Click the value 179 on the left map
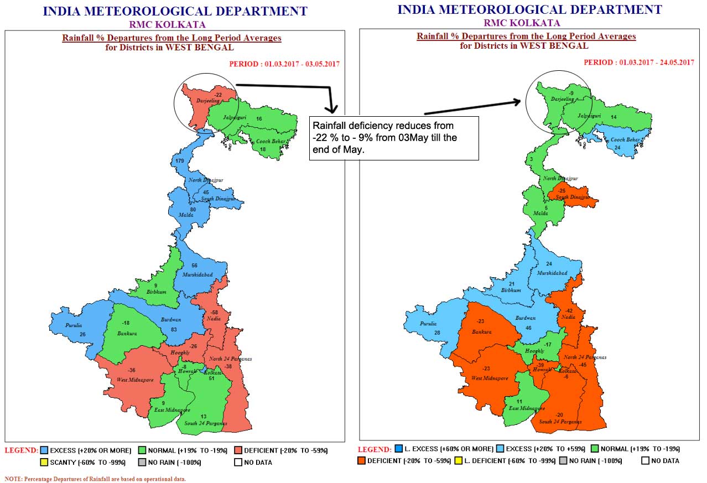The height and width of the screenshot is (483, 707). tap(179, 160)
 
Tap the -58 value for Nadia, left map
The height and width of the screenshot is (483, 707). tap(215, 313)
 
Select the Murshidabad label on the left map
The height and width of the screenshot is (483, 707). tap(197, 274)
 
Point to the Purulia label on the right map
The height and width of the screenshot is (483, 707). tap(428, 324)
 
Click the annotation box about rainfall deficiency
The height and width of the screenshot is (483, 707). tap(393, 138)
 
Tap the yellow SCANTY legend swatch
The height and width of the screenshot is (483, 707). tap(44, 462)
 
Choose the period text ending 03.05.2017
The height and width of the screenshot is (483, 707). tap(284, 64)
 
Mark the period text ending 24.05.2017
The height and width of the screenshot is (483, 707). tap(638, 63)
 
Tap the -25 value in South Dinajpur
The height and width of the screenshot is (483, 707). tap(562, 191)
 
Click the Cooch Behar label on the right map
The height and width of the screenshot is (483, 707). tap(625, 140)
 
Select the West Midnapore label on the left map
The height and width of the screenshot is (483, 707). tap(134, 380)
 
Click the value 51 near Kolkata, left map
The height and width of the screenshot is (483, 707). tap(211, 378)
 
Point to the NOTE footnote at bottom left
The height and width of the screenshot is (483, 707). tap(95, 479)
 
